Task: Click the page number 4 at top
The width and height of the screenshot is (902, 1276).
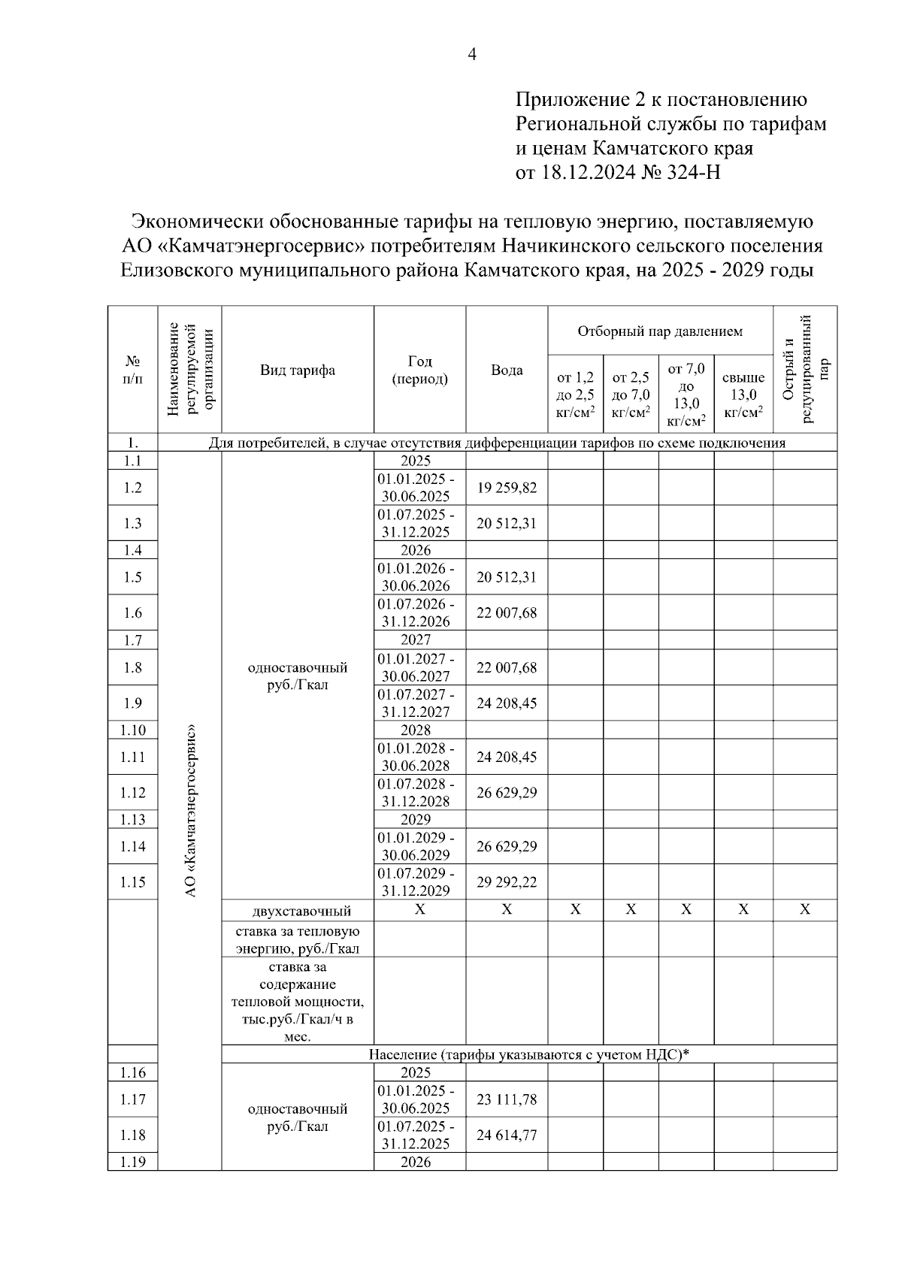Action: click(472, 54)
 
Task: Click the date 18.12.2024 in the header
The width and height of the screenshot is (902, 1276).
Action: click(588, 173)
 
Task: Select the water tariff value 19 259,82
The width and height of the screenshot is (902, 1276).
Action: click(507, 488)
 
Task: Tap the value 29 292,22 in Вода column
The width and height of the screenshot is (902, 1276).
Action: click(507, 882)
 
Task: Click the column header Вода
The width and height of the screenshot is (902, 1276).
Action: click(507, 370)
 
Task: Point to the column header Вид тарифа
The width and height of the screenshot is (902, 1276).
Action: click(298, 370)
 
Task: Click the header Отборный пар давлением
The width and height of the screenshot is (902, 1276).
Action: click(660, 331)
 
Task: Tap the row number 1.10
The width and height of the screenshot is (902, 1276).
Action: click(132, 730)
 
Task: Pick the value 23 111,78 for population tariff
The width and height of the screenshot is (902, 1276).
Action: click(507, 1099)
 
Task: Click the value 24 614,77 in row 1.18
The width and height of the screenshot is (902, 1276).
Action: click(507, 1135)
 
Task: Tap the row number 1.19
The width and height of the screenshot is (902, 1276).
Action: click(132, 1163)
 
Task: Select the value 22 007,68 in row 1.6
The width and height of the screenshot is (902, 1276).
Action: click(507, 613)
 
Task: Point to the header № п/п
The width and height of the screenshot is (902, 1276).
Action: click(132, 370)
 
